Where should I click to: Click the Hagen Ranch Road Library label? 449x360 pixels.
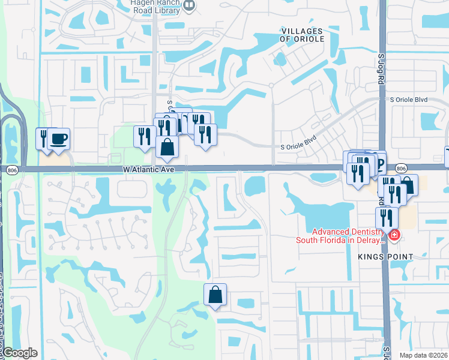click(155, 5)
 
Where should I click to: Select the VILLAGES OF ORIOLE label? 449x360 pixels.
click(303, 35)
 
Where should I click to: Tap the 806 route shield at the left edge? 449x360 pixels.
click(12, 171)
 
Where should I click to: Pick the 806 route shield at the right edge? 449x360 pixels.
click(402, 169)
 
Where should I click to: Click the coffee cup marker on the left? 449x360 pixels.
click(59, 139)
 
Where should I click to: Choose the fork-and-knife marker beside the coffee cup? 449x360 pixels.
click(44, 139)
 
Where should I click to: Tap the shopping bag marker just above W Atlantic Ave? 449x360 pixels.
click(167, 147)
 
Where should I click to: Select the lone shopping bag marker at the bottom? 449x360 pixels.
click(215, 295)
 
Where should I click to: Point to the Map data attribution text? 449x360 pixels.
click(423, 355)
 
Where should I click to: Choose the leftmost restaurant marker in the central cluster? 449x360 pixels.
click(143, 137)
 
